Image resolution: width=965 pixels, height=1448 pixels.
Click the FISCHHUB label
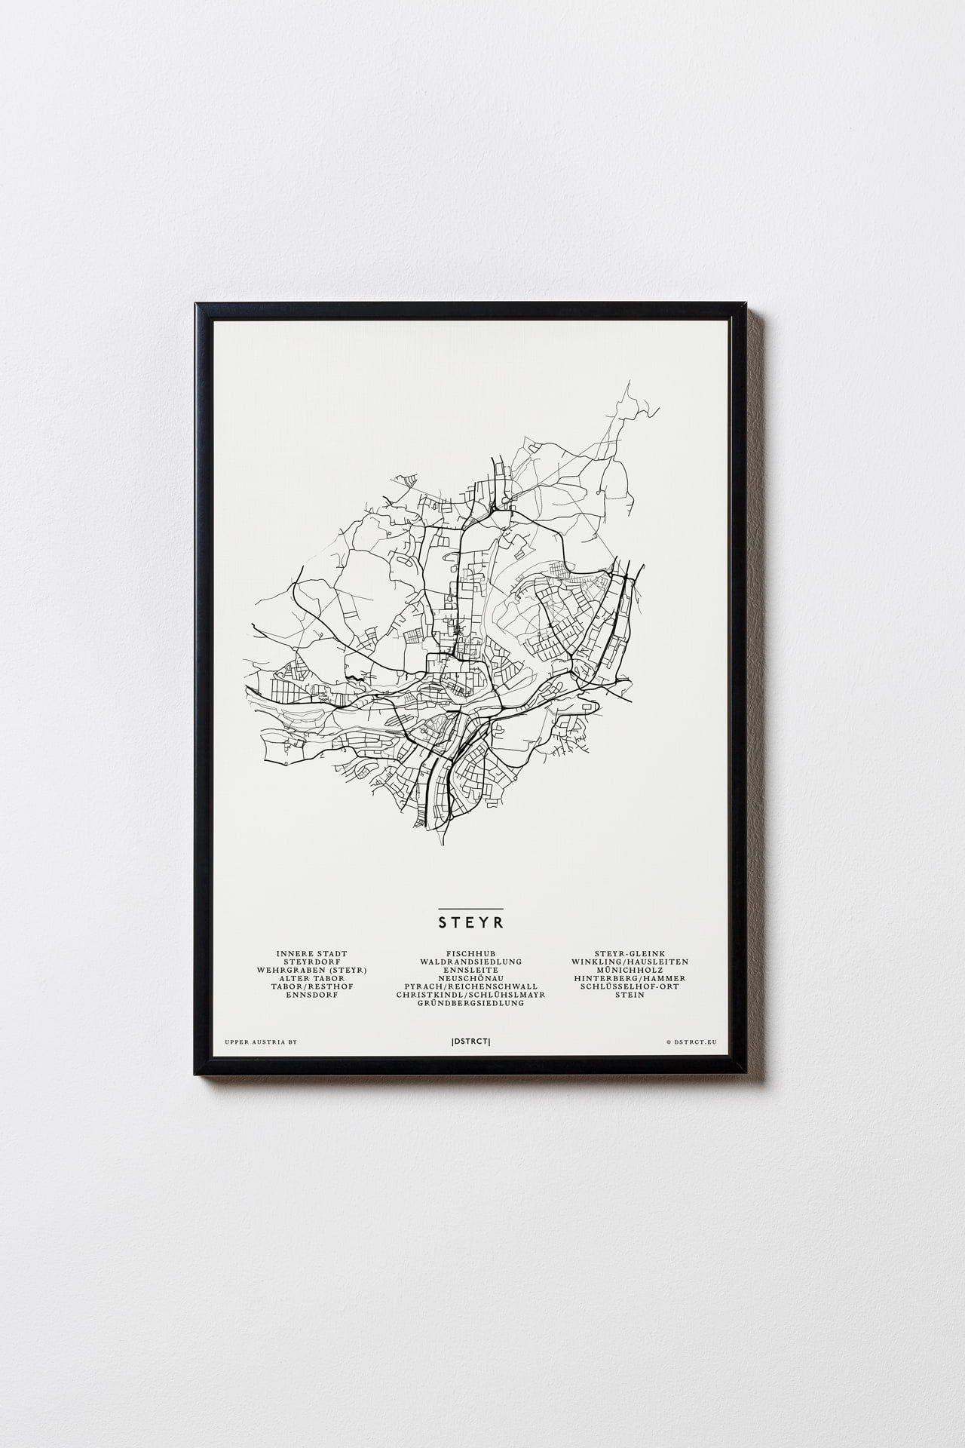471,954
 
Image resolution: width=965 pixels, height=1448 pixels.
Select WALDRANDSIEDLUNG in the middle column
471,962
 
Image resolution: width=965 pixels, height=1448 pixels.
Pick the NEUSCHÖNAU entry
471,979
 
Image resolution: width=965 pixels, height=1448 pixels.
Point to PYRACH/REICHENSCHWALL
471,987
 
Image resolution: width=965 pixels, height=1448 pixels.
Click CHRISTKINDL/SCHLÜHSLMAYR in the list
471,995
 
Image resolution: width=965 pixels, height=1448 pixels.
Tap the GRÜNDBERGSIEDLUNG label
471,1004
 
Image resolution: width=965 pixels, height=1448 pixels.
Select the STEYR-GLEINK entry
630,954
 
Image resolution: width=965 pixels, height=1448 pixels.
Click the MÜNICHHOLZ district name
630,971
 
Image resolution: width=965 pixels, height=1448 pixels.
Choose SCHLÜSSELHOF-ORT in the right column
630,987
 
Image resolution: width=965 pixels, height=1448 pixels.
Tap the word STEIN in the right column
630,995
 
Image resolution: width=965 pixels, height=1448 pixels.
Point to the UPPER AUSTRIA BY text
261,1042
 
